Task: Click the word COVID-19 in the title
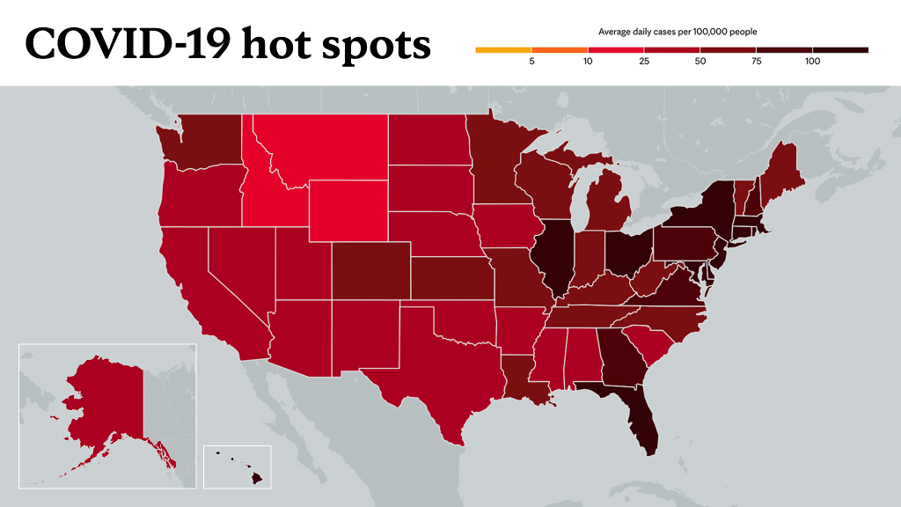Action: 128,44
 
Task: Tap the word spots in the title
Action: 377,46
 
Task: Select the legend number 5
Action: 531,62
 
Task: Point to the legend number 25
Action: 643,62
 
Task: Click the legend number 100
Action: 812,62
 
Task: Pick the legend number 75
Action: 756,62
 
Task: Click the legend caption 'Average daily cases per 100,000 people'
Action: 678,33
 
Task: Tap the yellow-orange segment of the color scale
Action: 503,50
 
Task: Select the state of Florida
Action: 638,414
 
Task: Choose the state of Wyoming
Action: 348,210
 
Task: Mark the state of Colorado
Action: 371,271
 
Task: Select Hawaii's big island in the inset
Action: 256,478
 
